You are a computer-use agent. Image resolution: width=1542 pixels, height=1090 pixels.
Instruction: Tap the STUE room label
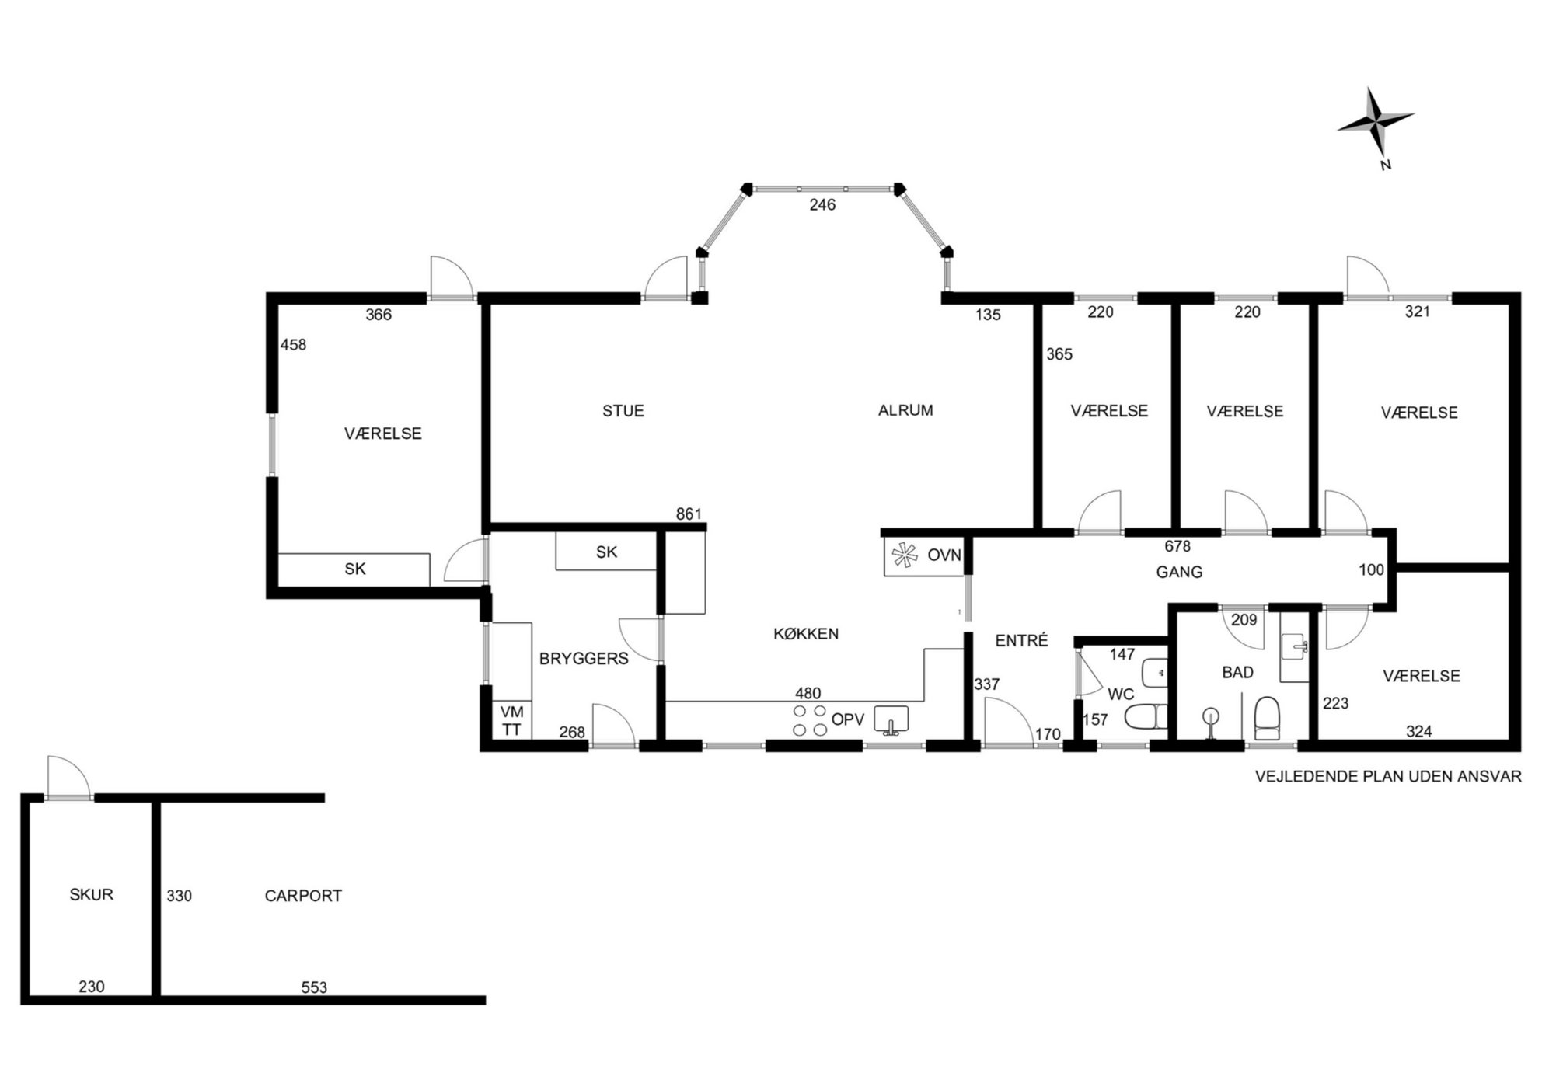(623, 411)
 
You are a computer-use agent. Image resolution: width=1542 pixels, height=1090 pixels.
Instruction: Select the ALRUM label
(905, 410)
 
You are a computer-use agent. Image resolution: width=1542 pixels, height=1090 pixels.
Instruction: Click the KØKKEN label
(806, 634)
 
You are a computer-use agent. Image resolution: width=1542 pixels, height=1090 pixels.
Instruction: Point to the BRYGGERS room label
(584, 659)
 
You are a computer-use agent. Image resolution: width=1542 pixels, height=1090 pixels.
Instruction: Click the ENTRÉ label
(1022, 640)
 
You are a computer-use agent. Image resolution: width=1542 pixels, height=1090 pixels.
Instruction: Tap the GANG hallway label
(1179, 572)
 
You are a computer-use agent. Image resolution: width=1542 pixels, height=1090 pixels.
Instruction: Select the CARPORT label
(303, 896)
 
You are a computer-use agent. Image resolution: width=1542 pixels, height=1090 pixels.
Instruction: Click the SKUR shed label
(92, 894)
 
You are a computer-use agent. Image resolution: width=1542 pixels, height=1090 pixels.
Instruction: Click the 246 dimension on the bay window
(822, 205)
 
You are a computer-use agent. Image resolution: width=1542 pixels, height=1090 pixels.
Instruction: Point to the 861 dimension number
(689, 514)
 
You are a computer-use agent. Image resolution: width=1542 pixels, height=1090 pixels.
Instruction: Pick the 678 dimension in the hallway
(1177, 547)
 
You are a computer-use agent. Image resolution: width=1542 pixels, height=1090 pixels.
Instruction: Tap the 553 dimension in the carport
(314, 987)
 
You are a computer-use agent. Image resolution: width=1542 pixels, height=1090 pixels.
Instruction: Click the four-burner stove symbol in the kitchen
(809, 720)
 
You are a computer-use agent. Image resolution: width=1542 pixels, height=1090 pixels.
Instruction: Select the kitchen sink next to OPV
(891, 720)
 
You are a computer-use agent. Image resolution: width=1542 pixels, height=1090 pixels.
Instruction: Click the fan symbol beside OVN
(904, 555)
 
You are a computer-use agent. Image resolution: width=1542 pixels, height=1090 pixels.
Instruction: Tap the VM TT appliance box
(511, 720)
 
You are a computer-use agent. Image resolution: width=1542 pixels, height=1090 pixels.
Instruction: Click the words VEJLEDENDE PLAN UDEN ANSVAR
(1388, 776)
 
